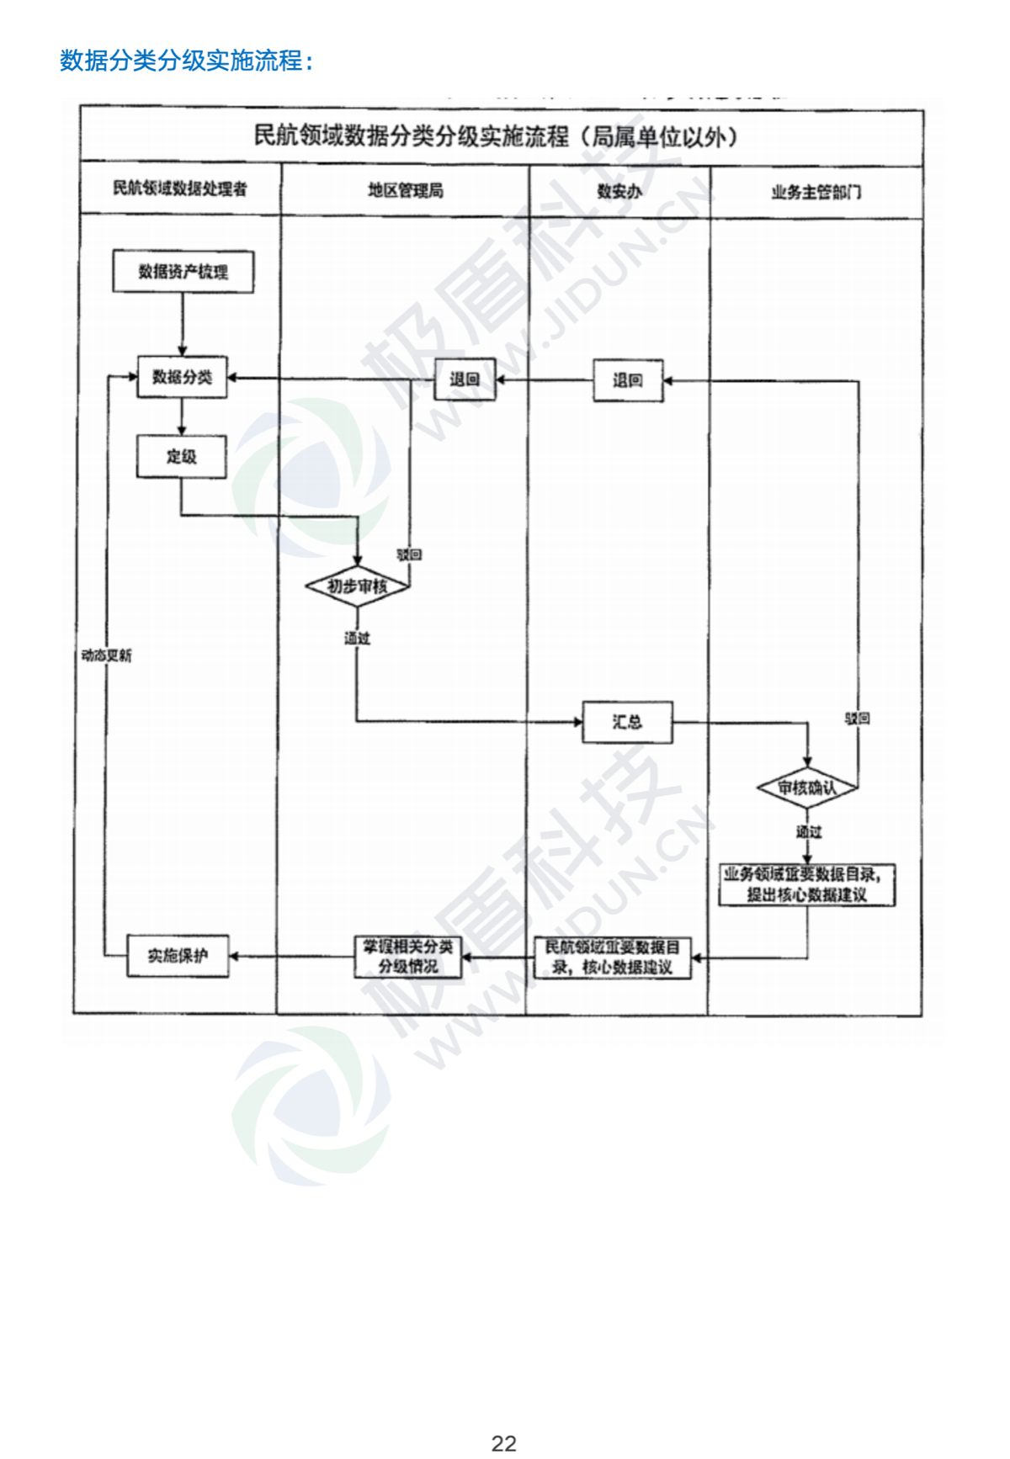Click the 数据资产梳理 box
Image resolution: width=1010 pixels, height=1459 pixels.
tap(183, 272)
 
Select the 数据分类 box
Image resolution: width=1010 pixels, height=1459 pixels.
tap(182, 377)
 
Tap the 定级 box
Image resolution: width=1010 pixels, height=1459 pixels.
tap(181, 457)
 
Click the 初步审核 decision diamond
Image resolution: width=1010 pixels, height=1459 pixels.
tap(358, 586)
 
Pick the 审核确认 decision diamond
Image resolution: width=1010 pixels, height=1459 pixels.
tap(807, 788)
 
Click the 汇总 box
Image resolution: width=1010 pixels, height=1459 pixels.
tap(627, 722)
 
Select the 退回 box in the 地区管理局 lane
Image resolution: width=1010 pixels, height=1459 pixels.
tap(464, 379)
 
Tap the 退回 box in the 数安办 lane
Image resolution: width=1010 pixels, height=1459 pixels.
tap(628, 380)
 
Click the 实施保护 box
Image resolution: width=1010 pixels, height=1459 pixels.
tap(178, 956)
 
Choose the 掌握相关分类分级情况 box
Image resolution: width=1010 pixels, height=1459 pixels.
tap(408, 957)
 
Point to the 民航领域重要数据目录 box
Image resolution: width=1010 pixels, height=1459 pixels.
tap(613, 958)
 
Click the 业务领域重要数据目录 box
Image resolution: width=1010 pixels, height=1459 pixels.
tap(806, 884)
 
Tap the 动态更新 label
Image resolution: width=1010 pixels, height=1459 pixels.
tap(106, 655)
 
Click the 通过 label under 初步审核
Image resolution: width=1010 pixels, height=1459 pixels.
tap(357, 639)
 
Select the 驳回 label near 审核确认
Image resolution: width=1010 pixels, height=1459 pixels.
tap(858, 719)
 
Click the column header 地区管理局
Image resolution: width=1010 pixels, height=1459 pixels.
tap(406, 191)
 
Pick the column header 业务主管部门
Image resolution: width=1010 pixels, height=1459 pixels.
tap(816, 192)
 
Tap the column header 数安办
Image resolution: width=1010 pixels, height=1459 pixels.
tap(619, 191)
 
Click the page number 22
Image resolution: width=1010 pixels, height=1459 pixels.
tap(504, 1443)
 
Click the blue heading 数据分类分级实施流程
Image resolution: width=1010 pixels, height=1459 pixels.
tap(186, 61)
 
